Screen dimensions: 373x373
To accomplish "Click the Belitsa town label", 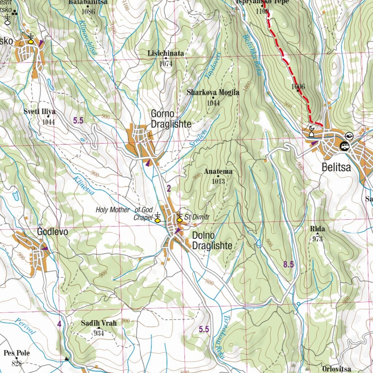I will (336, 168).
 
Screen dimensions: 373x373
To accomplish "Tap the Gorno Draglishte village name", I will (171, 119).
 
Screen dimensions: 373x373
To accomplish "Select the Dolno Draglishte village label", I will (212, 240).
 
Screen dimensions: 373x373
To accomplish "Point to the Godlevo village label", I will (52, 232).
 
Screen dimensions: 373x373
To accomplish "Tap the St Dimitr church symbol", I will (179, 217).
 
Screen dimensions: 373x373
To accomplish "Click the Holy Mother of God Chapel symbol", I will (157, 217).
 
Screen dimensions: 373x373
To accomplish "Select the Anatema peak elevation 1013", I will (219, 181).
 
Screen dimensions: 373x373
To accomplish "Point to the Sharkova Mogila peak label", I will (213, 93).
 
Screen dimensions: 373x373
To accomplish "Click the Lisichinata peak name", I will (166, 54).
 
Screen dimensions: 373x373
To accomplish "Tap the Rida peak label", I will (317, 229).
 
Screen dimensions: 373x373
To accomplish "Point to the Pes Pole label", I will (17, 353).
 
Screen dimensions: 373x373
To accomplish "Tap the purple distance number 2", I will (169, 188).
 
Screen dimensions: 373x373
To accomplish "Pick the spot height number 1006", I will (298, 86).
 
